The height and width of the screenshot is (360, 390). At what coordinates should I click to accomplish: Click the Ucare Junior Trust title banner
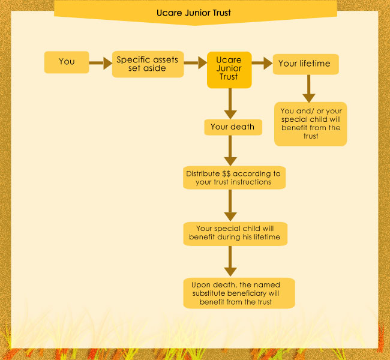point(196,13)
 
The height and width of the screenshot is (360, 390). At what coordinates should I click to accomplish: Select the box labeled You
point(67,62)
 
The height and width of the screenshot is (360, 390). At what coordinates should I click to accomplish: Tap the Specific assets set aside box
point(148,64)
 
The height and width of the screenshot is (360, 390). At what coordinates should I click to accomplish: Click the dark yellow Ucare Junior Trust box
point(229,70)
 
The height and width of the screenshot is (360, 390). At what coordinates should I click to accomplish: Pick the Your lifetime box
point(305,64)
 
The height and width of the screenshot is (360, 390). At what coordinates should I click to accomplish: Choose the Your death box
point(233,127)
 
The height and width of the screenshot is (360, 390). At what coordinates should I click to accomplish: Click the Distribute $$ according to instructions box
point(234,178)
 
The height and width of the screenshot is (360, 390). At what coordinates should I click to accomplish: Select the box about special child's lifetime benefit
point(235,234)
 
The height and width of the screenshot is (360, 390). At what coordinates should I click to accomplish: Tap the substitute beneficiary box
point(239,293)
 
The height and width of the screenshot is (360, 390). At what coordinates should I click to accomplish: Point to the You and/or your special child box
point(310,124)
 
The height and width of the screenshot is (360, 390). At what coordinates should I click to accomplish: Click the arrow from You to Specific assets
point(100,63)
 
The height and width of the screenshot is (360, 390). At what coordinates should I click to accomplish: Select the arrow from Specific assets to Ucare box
point(195,62)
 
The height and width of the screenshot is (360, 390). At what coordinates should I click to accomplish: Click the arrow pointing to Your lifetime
point(262,63)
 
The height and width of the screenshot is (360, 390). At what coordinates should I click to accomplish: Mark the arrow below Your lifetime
point(308,89)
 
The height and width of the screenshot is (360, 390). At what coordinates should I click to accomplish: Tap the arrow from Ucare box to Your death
point(230,104)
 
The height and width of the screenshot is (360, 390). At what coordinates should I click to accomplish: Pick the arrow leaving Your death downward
point(230,151)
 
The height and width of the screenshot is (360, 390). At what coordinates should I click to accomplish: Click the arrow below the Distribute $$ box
point(230,205)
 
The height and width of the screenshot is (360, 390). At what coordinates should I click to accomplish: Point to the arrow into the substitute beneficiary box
point(230,261)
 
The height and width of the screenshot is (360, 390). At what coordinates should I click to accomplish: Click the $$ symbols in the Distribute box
point(226,173)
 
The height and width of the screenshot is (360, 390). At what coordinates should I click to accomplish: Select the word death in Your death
point(243,127)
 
